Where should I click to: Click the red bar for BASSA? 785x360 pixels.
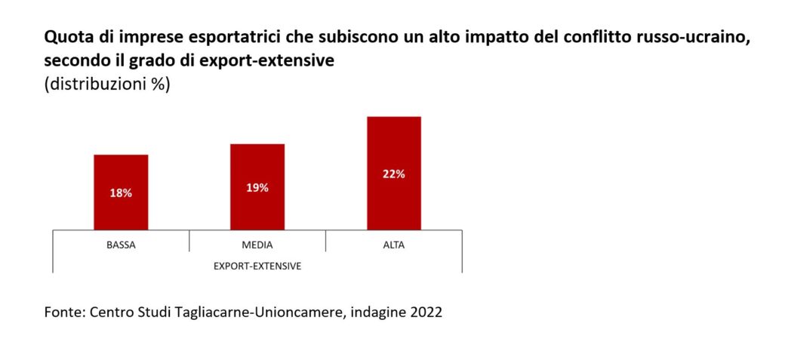[x=121, y=192]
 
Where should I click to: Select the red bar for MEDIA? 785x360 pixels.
[x=257, y=186]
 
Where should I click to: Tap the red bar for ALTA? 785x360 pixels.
[x=393, y=173]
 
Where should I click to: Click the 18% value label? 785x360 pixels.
[x=121, y=193]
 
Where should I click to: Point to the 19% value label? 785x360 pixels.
[x=257, y=187]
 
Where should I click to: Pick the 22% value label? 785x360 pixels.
[x=393, y=174]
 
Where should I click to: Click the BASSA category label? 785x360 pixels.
[x=121, y=245]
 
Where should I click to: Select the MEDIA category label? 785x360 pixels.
[x=257, y=245]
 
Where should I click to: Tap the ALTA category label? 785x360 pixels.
[x=393, y=245]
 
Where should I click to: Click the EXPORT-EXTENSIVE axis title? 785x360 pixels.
[x=257, y=266]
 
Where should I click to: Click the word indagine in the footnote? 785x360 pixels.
[x=375, y=312]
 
